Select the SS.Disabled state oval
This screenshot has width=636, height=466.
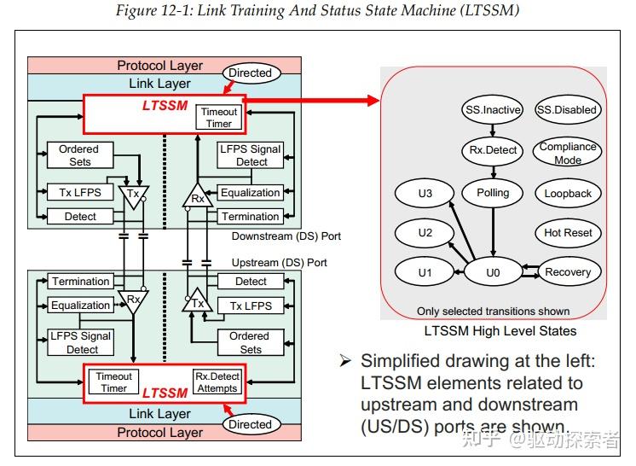(x=567, y=110)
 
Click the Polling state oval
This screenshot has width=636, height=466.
(x=493, y=193)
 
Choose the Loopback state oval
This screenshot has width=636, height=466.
(x=568, y=194)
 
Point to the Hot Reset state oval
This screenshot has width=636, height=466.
(x=568, y=233)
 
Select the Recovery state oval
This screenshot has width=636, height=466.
(x=568, y=272)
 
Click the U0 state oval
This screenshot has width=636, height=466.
(x=492, y=272)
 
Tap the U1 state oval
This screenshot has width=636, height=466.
(x=425, y=272)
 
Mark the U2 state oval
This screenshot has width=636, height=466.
(x=425, y=233)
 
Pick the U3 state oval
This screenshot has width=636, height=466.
(x=425, y=194)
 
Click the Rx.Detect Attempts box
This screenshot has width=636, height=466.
(x=217, y=382)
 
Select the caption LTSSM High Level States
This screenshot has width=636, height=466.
(x=500, y=331)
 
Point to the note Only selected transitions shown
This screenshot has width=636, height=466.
(x=493, y=311)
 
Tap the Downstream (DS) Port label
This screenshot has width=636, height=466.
(x=286, y=236)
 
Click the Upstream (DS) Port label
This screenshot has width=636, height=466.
(x=280, y=262)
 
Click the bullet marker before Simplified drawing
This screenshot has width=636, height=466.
(x=345, y=361)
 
